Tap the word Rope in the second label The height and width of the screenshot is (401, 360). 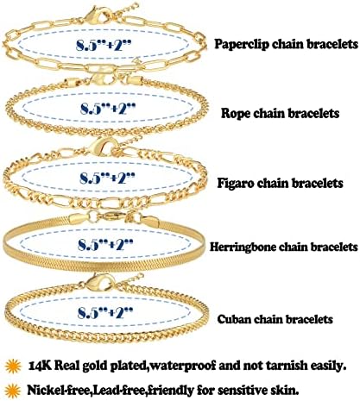(x=233, y=114)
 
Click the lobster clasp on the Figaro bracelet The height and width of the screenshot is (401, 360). (x=101, y=147)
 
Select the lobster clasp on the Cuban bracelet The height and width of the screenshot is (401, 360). (x=100, y=282)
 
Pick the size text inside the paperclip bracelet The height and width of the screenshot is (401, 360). (x=104, y=45)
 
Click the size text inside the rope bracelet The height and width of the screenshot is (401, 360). (x=108, y=109)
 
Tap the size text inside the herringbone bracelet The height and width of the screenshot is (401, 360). (x=105, y=245)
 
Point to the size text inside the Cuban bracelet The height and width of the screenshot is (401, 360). (x=105, y=312)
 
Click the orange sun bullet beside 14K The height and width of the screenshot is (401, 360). (x=13, y=367)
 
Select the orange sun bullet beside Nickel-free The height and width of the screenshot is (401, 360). (x=13, y=391)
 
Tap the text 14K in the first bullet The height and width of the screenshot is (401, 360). (x=40, y=366)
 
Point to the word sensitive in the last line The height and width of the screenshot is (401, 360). (x=242, y=391)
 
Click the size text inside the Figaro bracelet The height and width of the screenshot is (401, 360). (x=107, y=178)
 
